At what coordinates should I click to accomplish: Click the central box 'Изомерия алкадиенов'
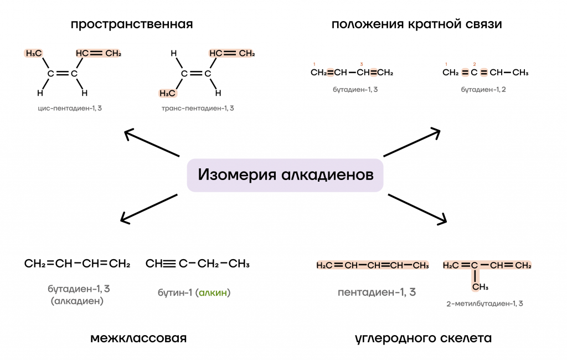(x=285, y=175)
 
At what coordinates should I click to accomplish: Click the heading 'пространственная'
(x=132, y=24)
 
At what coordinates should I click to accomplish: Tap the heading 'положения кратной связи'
(x=417, y=24)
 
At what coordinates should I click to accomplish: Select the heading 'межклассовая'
(x=138, y=338)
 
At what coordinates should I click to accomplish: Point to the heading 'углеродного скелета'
(x=423, y=338)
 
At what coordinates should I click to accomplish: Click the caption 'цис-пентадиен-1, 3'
(x=66, y=108)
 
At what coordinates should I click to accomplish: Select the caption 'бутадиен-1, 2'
(x=483, y=89)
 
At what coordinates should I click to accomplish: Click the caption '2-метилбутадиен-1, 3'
(x=484, y=304)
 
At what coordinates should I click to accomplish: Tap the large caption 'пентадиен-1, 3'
(x=377, y=292)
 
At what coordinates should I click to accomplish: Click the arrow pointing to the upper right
(x=412, y=143)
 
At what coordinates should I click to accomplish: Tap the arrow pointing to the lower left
(x=149, y=209)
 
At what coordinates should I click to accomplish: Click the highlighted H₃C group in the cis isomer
(x=34, y=54)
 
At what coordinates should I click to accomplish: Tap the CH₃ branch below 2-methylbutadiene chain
(x=480, y=287)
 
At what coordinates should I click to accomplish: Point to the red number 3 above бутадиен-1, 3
(x=361, y=64)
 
